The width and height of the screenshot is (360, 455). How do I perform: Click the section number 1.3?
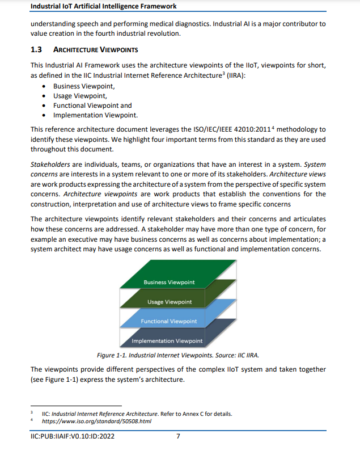coord(36,49)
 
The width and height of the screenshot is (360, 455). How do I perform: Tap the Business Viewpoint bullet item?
coord(84,86)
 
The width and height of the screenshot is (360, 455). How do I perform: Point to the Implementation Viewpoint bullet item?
coord(95,115)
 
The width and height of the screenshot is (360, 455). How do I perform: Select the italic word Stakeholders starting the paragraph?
coord(49,165)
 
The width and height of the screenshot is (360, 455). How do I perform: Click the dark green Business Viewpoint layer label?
coord(168,282)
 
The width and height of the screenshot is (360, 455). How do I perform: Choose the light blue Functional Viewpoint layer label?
coord(168,321)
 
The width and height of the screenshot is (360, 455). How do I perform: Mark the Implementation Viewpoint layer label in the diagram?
coord(167,341)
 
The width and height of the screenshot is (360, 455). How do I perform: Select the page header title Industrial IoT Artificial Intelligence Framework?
coord(103,6)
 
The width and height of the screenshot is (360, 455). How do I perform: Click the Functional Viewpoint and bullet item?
coord(92,106)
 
